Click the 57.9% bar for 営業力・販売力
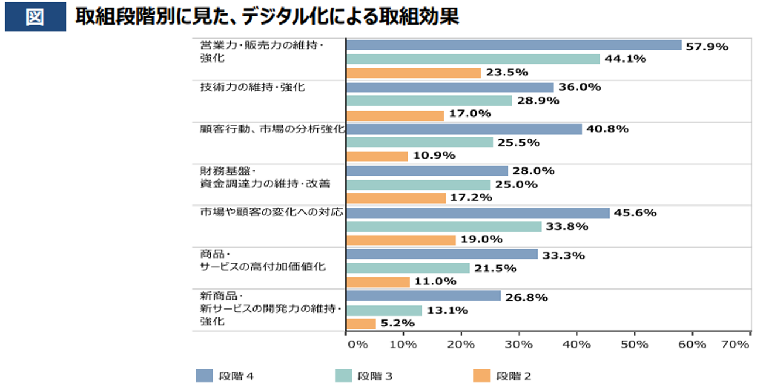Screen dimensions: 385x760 [x=513, y=45]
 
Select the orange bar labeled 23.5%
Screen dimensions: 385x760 [x=413, y=73]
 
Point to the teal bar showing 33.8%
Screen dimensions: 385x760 [x=443, y=226]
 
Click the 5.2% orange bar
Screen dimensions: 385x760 [x=361, y=324]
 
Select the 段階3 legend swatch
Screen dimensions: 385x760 [x=343, y=376]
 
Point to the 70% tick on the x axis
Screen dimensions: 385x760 [x=735, y=344]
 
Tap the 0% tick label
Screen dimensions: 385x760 [x=357, y=344]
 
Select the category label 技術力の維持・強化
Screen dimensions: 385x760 [x=252, y=87]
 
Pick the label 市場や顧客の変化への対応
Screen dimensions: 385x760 [x=271, y=213]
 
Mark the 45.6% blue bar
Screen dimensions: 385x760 [x=478, y=213]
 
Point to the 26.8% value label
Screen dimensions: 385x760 [x=526, y=297]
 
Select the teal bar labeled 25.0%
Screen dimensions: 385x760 [x=418, y=185]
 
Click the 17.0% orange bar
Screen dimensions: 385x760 [x=395, y=115]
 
